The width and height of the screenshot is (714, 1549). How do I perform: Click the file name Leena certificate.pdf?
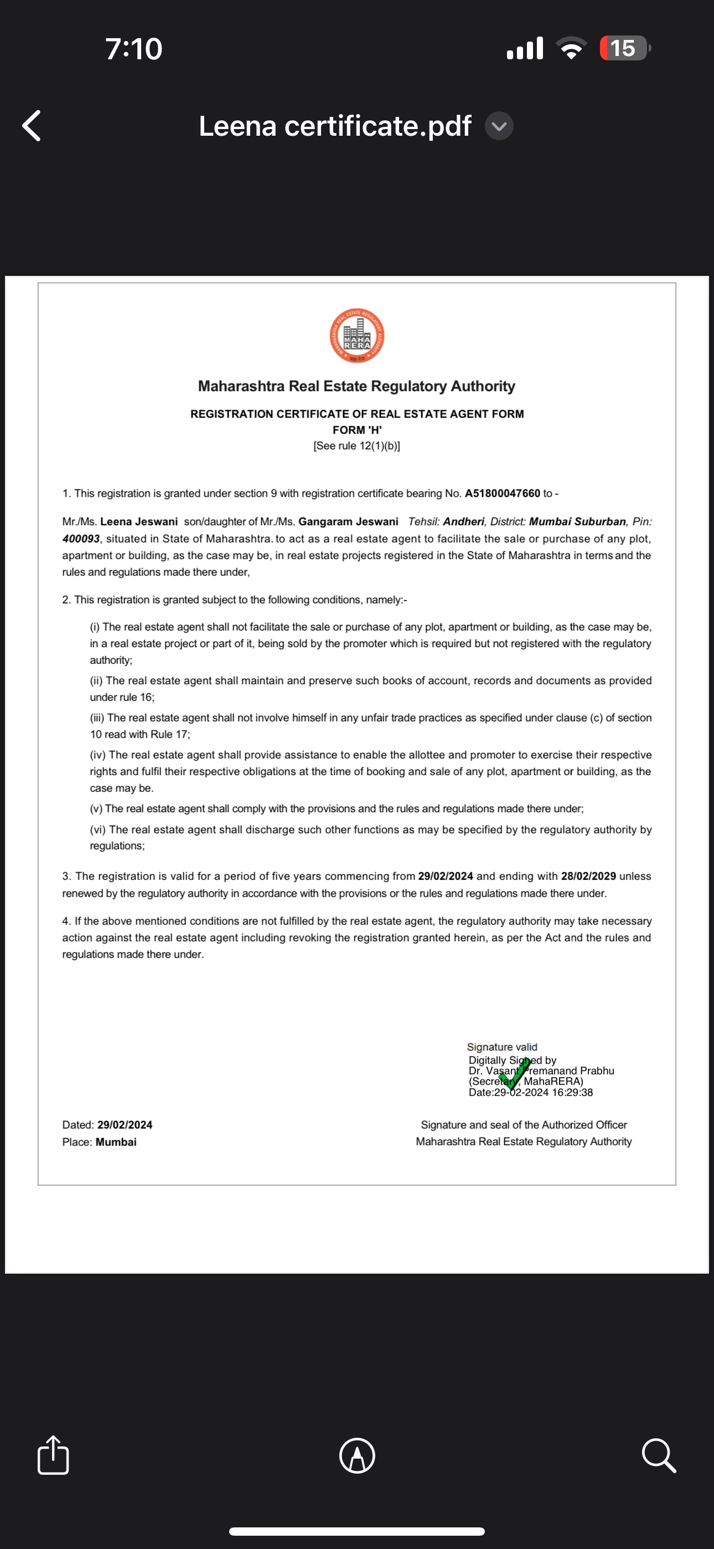pyautogui.click(x=335, y=126)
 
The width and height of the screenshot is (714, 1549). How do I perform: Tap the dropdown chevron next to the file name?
pyautogui.click(x=499, y=126)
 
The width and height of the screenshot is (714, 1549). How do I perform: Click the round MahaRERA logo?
pyautogui.click(x=357, y=336)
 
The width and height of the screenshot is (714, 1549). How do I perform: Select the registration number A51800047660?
pyautogui.click(x=503, y=493)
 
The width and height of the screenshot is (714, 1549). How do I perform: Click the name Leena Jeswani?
pyautogui.click(x=139, y=521)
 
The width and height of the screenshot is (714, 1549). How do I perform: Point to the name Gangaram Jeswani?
pyautogui.click(x=348, y=521)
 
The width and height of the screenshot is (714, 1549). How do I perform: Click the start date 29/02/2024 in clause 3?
pyautogui.click(x=446, y=876)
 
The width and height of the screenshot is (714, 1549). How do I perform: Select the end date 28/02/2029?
pyautogui.click(x=588, y=876)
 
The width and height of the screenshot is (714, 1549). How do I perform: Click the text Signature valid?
pyautogui.click(x=502, y=1047)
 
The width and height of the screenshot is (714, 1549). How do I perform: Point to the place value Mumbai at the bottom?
pyautogui.click(x=116, y=1142)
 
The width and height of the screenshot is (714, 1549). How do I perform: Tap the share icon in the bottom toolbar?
pyautogui.click(x=53, y=1455)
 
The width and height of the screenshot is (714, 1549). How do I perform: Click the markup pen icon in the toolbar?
pyautogui.click(x=357, y=1456)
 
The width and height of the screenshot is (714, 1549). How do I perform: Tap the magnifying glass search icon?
pyautogui.click(x=659, y=1456)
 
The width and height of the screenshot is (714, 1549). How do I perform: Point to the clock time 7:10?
pyautogui.click(x=133, y=49)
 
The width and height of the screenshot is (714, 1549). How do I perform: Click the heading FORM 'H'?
pyautogui.click(x=357, y=430)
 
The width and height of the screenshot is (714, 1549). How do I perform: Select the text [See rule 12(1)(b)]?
pyautogui.click(x=357, y=446)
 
